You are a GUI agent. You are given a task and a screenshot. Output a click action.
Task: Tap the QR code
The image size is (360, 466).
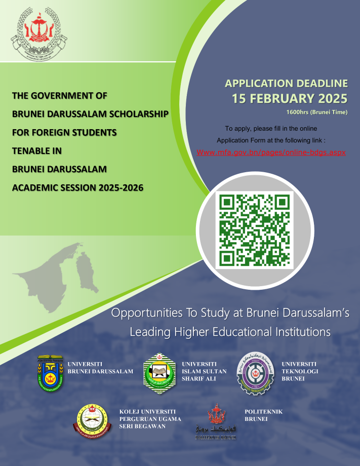(254, 230)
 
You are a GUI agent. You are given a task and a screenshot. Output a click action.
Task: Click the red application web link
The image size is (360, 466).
(271, 152)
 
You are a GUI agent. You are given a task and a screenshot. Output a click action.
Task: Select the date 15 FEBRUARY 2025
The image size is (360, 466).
(290, 98)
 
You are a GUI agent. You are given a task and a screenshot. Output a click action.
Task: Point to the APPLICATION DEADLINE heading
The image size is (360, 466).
(286, 84)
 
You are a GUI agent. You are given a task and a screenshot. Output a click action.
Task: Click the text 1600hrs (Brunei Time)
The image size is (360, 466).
(317, 111)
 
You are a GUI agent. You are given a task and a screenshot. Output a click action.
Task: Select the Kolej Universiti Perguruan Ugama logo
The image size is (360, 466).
(93, 422)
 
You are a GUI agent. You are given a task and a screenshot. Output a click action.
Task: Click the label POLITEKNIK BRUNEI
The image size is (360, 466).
(263, 416)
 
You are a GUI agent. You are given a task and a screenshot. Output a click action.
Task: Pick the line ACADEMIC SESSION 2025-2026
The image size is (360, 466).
(77, 188)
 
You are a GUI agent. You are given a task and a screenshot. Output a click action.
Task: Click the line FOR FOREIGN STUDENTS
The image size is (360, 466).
(64, 133)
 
